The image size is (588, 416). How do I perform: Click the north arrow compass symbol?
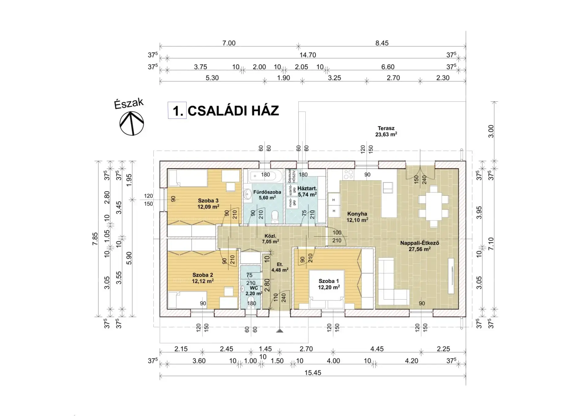[131, 123]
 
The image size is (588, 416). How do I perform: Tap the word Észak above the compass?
[129, 104]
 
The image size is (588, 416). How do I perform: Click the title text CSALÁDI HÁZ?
[233, 111]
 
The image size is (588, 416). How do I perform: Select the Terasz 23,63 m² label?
[386, 131]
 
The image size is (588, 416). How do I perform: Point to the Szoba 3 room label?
[208, 203]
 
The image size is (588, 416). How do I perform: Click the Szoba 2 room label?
[203, 278]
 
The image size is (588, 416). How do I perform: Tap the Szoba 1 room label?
[329, 284]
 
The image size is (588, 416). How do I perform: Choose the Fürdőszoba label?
[267, 195]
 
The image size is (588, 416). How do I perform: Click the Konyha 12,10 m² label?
[357, 217]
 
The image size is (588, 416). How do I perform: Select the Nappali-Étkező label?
[420, 246]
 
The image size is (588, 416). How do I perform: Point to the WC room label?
[254, 290]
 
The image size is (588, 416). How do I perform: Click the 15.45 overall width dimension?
[313, 373]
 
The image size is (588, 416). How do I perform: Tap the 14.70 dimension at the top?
[307, 55]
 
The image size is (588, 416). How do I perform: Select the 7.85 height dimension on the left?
[95, 239]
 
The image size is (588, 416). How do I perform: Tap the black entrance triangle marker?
[280, 331]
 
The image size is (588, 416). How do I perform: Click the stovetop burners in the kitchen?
[349, 175]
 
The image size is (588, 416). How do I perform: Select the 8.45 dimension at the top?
[382, 43]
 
